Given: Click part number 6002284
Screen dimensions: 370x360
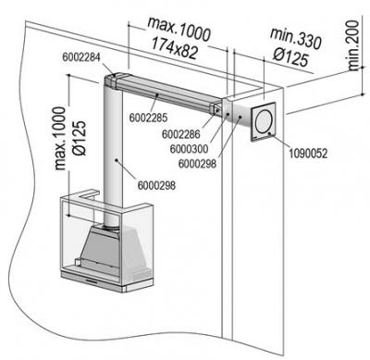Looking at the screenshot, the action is tap(81, 57).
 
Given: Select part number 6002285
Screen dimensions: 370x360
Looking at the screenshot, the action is tap(148, 118).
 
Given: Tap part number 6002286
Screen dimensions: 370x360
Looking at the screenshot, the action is tap(181, 134).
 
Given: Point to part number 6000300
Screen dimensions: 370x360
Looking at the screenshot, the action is tap(189, 149).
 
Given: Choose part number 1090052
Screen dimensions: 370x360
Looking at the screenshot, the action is tap(308, 154).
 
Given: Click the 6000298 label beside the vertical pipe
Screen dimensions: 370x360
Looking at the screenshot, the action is tap(156, 185).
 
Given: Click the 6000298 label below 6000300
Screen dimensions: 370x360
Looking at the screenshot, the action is tap(197, 164).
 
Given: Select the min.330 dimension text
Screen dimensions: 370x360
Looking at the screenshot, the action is tap(295, 39).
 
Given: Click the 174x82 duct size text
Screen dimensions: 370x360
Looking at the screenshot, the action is tap(175, 48).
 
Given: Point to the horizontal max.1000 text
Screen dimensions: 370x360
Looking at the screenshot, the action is tap(179, 30).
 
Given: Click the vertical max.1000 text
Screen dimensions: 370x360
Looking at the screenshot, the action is tap(60, 138).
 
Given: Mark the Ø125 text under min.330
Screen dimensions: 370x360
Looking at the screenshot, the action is tap(290, 57).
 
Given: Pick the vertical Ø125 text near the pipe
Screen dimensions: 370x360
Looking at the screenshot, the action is tap(80, 138).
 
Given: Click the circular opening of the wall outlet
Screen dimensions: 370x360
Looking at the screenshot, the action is tap(264, 122).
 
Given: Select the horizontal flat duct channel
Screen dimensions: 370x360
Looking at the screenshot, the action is tap(165, 91).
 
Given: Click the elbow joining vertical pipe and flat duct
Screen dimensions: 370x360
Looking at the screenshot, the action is tap(112, 81).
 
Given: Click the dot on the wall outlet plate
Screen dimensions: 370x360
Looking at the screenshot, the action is tap(269, 133).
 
